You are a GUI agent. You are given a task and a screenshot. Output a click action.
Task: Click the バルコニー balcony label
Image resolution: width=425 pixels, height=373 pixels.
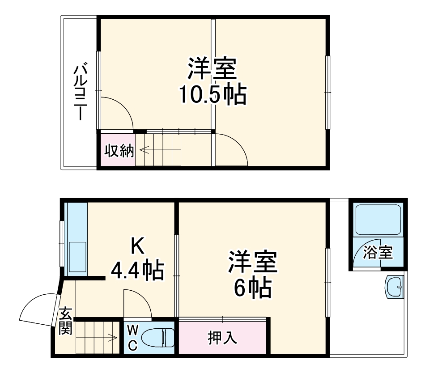click(x=80, y=93)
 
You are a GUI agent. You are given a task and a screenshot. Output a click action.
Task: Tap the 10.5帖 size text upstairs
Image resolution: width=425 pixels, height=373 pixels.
click(x=212, y=94)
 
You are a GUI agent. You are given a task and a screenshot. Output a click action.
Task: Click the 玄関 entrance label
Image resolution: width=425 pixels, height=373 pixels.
click(x=65, y=321)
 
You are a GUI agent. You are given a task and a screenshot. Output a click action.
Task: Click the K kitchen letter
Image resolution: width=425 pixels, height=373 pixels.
click(x=137, y=247)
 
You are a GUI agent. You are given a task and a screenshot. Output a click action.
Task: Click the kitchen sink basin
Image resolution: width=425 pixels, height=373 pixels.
click(x=77, y=257)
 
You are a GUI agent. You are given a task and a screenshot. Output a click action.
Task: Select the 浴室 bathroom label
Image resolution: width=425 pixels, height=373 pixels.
click(x=378, y=253)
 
